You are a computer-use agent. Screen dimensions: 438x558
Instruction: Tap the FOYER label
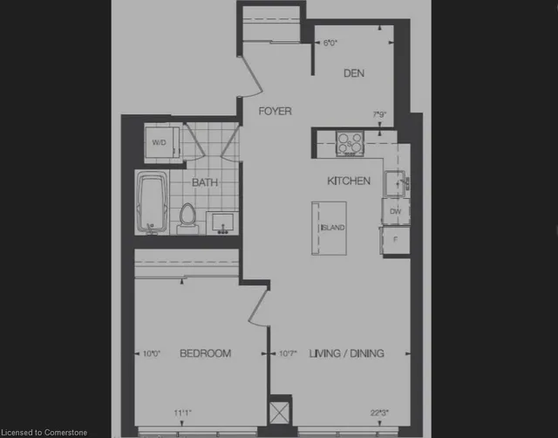point(274,111)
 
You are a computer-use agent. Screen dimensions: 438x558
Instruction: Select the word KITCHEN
point(349,181)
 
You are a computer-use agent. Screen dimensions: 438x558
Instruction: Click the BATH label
point(205,182)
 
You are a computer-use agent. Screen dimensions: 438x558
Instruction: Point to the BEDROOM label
point(205,353)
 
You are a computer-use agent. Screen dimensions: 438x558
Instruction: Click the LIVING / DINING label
point(347,353)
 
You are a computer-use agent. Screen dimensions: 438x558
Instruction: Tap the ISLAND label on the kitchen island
point(333,228)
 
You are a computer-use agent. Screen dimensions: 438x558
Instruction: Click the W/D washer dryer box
point(160,142)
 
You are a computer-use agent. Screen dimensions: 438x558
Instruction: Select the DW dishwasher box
point(395,211)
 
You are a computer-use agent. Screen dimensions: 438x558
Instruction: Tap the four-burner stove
point(350,142)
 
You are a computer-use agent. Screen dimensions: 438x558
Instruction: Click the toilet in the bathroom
point(187,216)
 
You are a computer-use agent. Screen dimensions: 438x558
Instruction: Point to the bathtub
point(155,202)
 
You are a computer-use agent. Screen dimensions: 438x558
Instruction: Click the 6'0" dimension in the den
point(330,42)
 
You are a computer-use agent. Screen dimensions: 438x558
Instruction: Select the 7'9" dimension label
point(379,114)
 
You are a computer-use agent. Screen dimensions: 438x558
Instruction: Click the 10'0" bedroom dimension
point(152,353)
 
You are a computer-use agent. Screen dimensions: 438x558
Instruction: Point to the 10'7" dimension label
point(289,353)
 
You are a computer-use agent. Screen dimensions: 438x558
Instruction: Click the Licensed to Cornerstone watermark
point(45,431)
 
